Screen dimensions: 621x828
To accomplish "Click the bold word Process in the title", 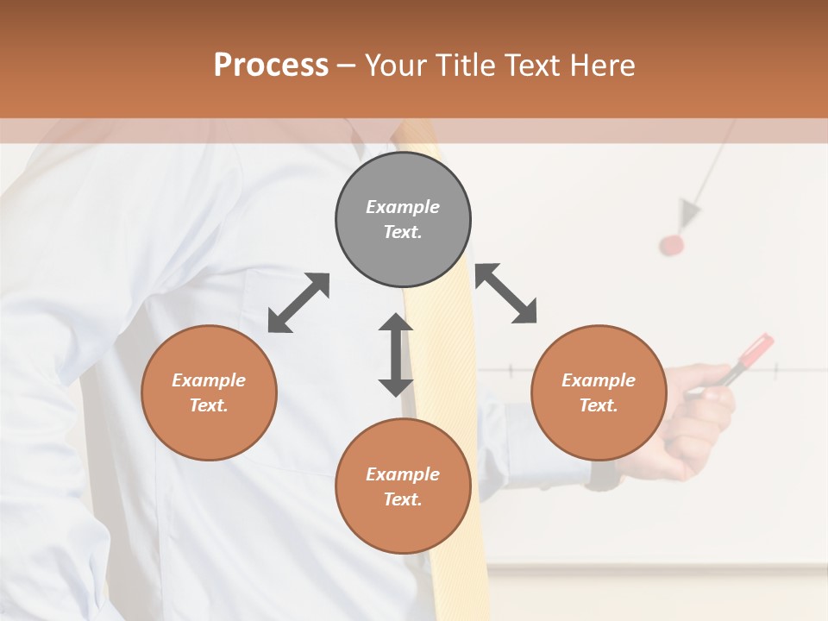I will tap(271, 66).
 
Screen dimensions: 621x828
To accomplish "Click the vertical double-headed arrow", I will tap(396, 354).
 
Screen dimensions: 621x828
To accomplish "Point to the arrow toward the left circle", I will tap(298, 303).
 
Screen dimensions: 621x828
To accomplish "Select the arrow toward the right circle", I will tap(506, 293).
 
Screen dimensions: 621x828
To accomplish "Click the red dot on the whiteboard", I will tap(672, 245).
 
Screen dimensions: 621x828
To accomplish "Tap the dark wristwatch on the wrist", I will tap(603, 475).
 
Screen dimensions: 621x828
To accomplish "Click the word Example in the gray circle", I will tap(403, 207).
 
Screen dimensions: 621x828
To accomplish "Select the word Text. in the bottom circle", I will tap(403, 499).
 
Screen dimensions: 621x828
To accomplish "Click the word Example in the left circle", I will tap(209, 380).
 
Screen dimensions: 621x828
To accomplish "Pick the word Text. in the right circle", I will tap(599, 405).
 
